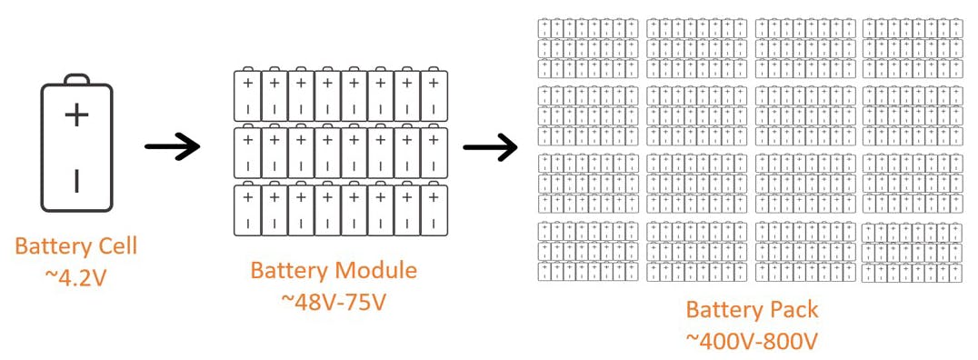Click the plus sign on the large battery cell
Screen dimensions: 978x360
tap(76, 115)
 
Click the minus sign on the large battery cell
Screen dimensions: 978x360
tap(76, 181)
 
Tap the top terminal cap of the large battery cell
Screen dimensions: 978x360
tap(76, 79)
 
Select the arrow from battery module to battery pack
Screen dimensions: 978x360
tap(490, 146)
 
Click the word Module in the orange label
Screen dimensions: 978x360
tap(376, 270)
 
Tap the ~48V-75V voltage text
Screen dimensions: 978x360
tap(334, 300)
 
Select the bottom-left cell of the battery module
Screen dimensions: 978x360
tap(247, 210)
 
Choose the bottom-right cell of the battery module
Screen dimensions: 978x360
tap(435, 210)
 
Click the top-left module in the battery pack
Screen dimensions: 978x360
tap(587, 48)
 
